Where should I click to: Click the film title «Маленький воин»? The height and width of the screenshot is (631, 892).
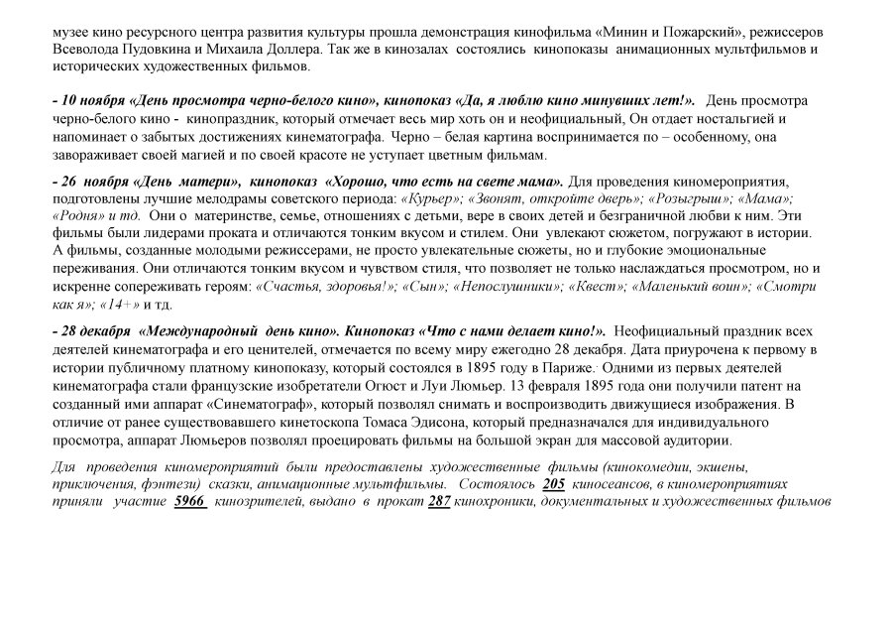point(695,287)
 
